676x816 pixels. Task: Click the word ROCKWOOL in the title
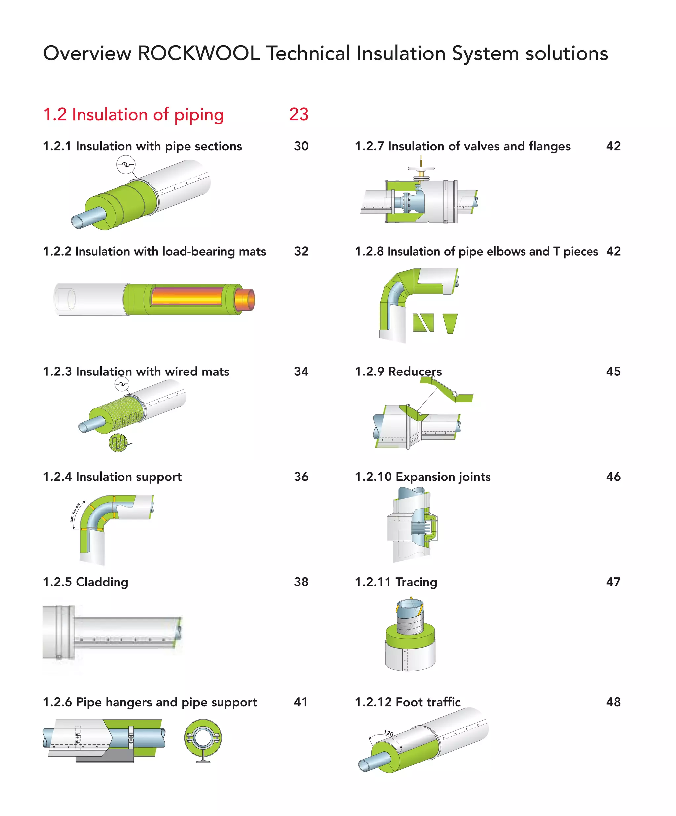[198, 53]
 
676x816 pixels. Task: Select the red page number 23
[299, 114]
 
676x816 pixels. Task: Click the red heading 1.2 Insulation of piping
[133, 115]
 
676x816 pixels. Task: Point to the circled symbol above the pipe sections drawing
[126, 164]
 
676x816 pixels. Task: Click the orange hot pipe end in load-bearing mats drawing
[245, 299]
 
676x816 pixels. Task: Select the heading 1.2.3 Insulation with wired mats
[136, 372]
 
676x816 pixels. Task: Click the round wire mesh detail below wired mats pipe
[118, 443]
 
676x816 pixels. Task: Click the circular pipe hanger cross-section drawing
[203, 738]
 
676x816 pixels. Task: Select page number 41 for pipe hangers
[300, 702]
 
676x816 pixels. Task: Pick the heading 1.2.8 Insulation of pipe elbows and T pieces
[476, 251]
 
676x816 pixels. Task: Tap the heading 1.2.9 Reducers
[398, 372]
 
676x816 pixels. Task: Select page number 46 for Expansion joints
[613, 477]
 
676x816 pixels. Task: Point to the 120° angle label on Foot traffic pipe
[389, 733]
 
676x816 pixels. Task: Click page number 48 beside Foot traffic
[613, 702]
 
